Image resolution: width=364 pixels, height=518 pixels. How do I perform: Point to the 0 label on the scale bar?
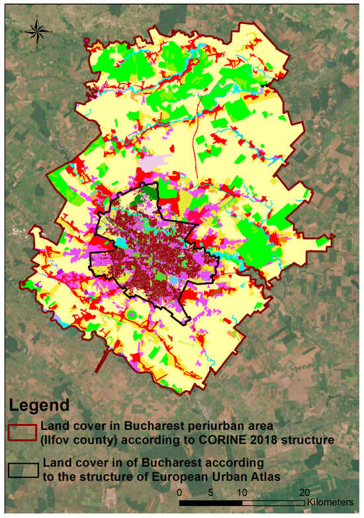(180, 493)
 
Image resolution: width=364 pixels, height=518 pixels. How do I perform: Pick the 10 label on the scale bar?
(242, 493)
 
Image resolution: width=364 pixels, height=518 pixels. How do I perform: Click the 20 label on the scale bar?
(304, 493)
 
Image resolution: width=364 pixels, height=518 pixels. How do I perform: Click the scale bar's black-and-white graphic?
(242, 503)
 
